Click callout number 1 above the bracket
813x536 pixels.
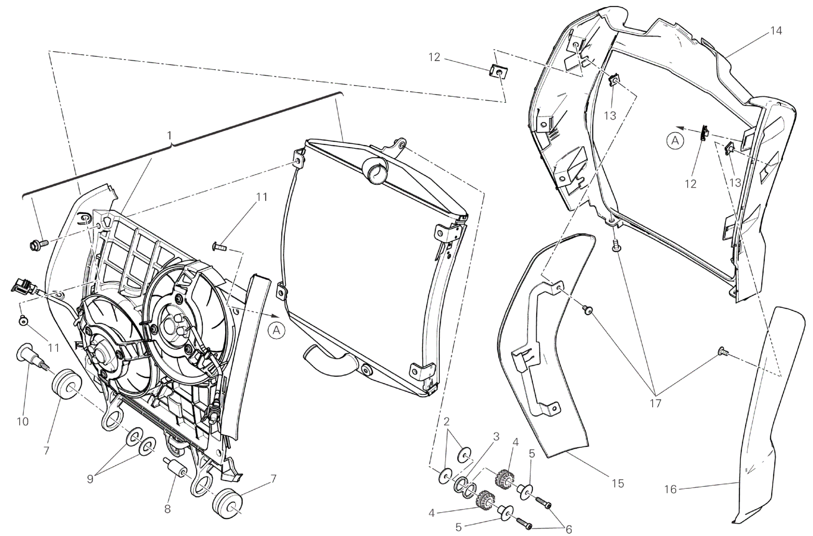click(169, 136)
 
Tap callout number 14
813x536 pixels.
click(776, 31)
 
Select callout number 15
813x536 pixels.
click(617, 483)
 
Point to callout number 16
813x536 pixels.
click(671, 489)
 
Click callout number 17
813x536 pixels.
click(655, 403)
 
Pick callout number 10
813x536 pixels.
click(23, 422)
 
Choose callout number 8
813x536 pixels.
click(167, 509)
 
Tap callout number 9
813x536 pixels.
click(90, 479)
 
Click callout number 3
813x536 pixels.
click(496, 437)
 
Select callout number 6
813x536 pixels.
click(568, 530)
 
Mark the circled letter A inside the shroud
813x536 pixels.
click(675, 141)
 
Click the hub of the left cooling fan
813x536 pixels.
click(102, 341)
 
